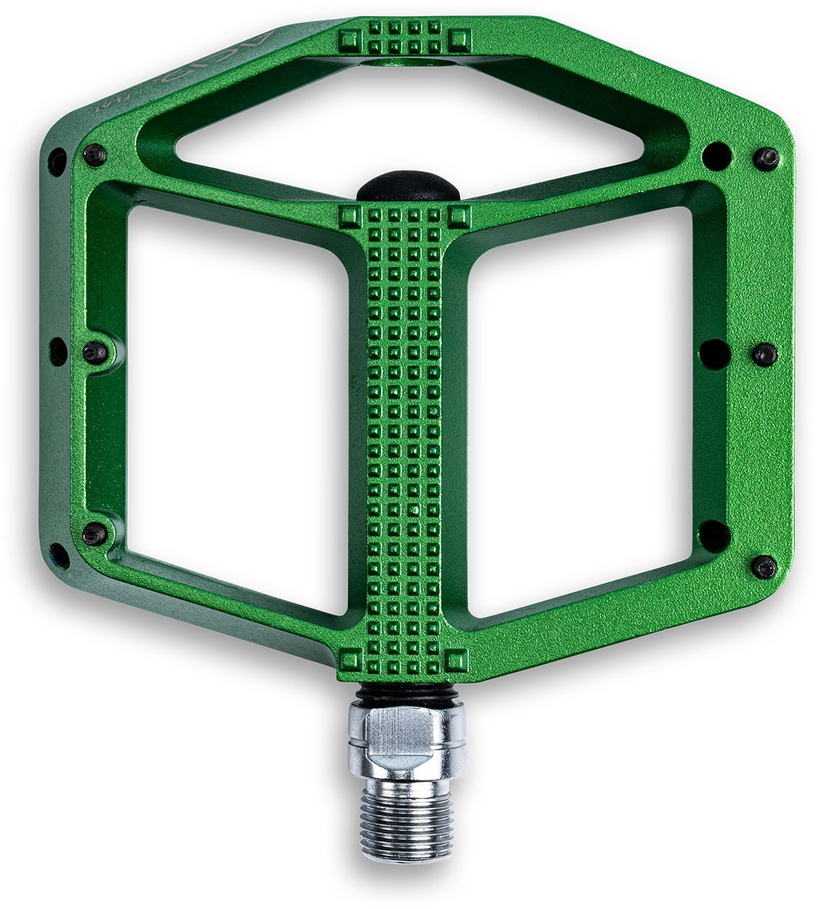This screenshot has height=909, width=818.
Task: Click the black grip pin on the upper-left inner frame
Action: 95,153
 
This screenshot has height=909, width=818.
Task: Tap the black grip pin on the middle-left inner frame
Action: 96,352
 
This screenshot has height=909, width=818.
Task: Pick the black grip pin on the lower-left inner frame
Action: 94,535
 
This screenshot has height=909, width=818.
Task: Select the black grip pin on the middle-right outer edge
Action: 764,354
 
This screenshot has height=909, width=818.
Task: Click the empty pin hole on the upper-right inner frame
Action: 717,154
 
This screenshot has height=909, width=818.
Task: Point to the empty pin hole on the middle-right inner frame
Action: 715,352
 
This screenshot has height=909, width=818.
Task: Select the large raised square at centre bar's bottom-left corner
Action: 351,660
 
